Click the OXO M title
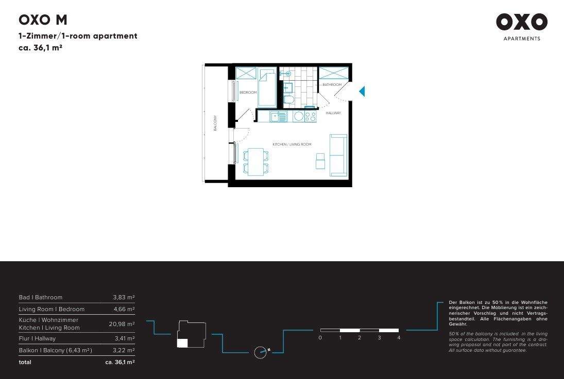pyautogui.click(x=43, y=20)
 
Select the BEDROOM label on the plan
pyautogui.click(x=248, y=93)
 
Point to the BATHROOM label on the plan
pyautogui.click(x=332, y=84)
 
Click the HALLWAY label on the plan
pyautogui.click(x=333, y=113)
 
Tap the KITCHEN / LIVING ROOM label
pyautogui.click(x=292, y=145)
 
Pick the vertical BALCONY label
pyautogui.click(x=215, y=123)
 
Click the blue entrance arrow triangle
pyautogui.click(x=362, y=92)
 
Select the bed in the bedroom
pyautogui.click(x=267, y=88)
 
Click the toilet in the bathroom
pyautogui.click(x=288, y=99)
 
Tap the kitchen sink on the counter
pyautogui.click(x=279, y=117)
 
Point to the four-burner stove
pyautogui.click(x=310, y=117)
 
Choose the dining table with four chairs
pyautogui.click(x=255, y=161)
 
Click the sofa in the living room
pyautogui.click(x=338, y=155)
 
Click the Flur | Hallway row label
pyautogui.click(x=37, y=339)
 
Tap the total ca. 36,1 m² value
pyautogui.click(x=120, y=362)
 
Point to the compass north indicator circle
pyautogui.click(x=261, y=353)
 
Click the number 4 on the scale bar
pyautogui.click(x=399, y=338)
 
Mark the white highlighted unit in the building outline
pyautogui.click(x=182, y=344)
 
